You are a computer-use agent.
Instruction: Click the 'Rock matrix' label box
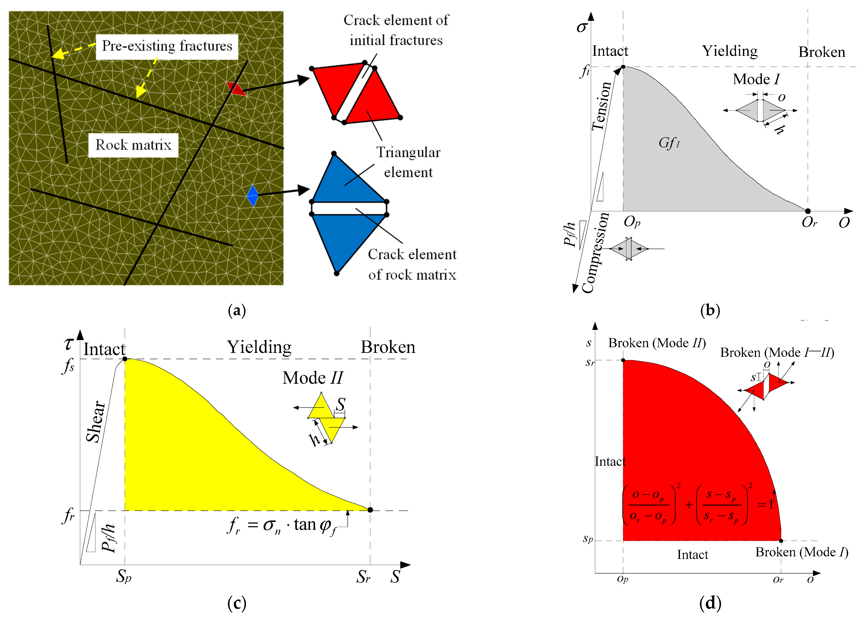(x=133, y=145)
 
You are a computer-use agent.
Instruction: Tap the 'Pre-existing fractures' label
(x=167, y=46)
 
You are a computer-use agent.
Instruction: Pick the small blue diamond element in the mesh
(x=252, y=196)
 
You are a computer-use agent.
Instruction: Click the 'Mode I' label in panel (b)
(x=756, y=79)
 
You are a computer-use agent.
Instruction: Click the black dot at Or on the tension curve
(x=808, y=211)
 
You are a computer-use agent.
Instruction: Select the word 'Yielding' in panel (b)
(x=729, y=51)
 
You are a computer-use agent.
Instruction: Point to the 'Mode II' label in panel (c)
(x=312, y=378)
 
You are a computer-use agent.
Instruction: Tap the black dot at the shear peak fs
(x=125, y=359)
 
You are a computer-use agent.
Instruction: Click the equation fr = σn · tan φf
(x=282, y=525)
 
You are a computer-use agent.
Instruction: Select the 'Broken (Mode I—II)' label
(x=777, y=352)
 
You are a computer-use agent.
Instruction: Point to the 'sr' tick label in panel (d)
(x=590, y=362)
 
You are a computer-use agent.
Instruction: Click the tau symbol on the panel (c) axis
(x=68, y=343)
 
